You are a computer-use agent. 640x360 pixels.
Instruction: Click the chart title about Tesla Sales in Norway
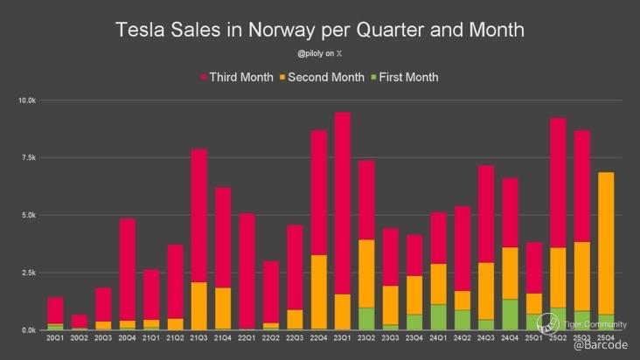320,29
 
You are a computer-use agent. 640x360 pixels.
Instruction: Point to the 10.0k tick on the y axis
26,100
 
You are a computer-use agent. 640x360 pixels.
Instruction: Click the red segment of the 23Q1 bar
343,201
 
